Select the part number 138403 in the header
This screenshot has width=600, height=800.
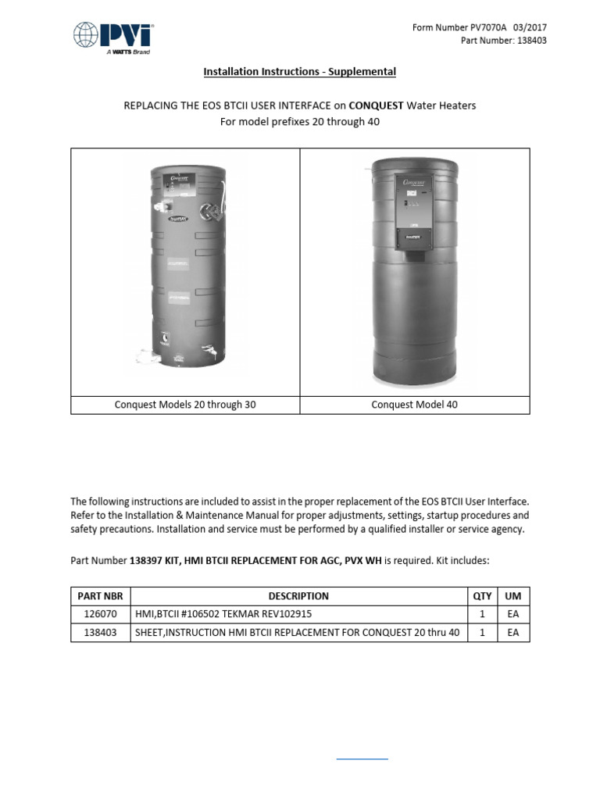513,41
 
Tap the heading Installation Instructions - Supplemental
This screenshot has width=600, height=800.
299,72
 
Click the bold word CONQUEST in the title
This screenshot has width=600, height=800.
375,105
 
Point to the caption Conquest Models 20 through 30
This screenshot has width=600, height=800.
185,405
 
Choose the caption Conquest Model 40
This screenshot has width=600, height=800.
415,405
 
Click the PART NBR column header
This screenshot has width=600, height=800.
99,595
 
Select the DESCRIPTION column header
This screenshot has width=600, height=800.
298,595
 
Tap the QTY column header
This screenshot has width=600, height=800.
482,595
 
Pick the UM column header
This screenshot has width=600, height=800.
512,595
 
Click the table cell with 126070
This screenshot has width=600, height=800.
99,614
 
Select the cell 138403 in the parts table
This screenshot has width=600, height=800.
99,633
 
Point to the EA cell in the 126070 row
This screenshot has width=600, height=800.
512,614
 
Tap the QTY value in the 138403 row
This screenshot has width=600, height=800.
482,633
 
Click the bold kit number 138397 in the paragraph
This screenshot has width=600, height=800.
145,560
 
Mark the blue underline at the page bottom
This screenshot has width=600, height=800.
362,759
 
